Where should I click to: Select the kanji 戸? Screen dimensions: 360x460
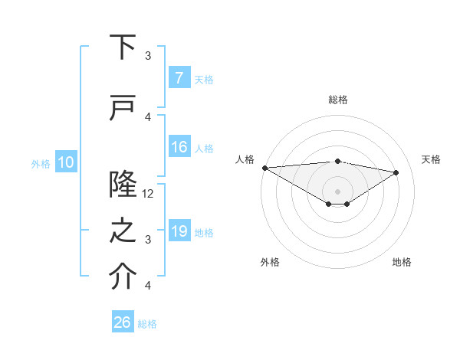pos(123,107)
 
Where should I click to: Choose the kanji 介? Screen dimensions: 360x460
pos(123,277)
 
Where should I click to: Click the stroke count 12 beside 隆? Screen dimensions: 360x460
pos(149,194)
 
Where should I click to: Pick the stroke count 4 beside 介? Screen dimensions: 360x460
pos(148,286)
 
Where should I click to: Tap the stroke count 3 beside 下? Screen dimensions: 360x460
pos(148,56)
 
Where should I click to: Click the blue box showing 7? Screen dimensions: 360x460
pos(179,77)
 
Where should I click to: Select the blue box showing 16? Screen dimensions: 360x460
pos(179,147)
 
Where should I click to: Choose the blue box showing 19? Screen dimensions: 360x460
pos(179,231)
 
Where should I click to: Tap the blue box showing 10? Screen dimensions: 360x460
pos(65,162)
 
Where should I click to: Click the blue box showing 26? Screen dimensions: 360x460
pos(123,322)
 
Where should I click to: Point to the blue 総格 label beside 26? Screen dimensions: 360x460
pos(147,324)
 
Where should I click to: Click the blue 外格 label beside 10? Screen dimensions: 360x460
pos(41,163)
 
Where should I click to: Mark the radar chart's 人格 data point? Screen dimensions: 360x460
pos(264,168)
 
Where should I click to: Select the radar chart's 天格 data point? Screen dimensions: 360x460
pos(396,172)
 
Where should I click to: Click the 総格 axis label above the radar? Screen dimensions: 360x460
pos(338,100)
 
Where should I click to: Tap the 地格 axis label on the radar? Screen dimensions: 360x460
pos(402,262)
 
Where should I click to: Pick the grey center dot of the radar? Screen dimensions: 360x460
pos(337,190)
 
